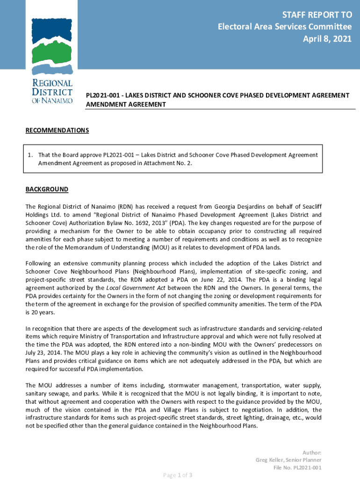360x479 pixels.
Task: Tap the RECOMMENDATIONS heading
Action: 57,131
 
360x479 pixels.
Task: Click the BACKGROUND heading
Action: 47,189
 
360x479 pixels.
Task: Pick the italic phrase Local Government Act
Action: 136,288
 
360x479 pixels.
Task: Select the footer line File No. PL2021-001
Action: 297,468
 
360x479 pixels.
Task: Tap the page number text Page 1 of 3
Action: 178,475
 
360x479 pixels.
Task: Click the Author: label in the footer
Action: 312,453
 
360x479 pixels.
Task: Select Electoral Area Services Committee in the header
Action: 285,27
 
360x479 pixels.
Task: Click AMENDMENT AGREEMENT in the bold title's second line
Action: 126,105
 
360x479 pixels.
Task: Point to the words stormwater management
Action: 198,385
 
